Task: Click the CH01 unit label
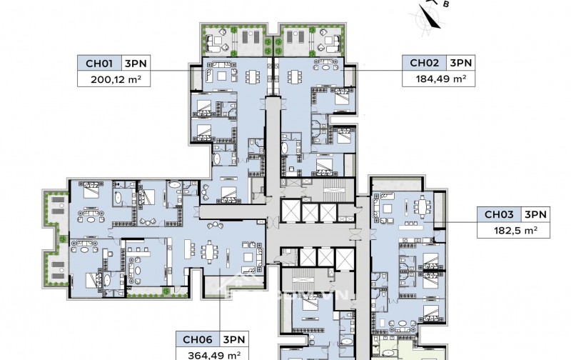pos(98,64)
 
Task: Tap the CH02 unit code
pos(423,63)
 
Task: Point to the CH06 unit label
pos(197,339)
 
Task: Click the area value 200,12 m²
pos(116,79)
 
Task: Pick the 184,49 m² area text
pos(441,79)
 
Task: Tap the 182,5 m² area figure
pos(515,230)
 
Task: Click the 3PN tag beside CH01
pos(136,64)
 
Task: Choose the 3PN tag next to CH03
pos(535,214)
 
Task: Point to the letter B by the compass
pos(445,5)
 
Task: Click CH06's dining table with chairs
pos(209,252)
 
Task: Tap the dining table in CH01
pos(253,76)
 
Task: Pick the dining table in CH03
pos(421,207)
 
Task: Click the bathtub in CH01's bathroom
pos(217,159)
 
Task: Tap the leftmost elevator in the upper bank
pos(291,211)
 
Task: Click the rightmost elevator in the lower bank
pos(345,259)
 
